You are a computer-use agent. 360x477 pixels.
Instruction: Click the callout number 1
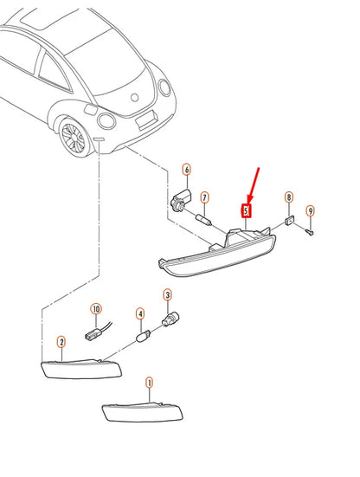click(x=149, y=383)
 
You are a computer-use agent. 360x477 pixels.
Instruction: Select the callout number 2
click(x=61, y=342)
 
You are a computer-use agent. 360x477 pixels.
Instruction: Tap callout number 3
click(x=168, y=295)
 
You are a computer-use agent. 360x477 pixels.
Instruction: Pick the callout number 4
click(x=140, y=313)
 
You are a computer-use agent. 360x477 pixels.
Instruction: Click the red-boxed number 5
click(x=246, y=210)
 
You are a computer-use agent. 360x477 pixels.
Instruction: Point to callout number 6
click(x=187, y=170)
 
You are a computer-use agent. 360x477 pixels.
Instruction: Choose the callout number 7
click(x=204, y=198)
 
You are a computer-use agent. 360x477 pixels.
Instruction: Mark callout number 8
click(x=289, y=197)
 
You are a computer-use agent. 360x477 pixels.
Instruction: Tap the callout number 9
click(x=310, y=211)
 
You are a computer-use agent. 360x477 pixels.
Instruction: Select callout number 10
click(x=96, y=309)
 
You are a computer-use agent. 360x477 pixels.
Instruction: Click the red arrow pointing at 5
click(x=254, y=185)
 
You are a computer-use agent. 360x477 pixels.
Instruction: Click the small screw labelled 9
click(x=310, y=232)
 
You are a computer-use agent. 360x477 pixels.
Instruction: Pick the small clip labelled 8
click(x=290, y=220)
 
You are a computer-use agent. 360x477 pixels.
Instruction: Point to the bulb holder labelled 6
click(x=182, y=199)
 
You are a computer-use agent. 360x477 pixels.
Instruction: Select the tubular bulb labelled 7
click(x=203, y=220)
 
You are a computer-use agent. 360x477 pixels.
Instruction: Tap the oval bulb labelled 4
click(x=143, y=337)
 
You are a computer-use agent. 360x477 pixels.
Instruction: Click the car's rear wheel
click(x=74, y=137)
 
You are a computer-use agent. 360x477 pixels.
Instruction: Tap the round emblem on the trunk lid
click(x=135, y=98)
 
